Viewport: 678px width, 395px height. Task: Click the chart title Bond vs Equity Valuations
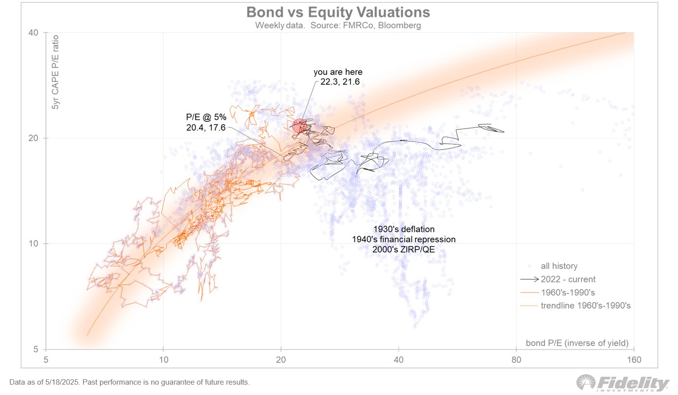point(338,12)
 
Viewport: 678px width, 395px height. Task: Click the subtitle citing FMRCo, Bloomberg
point(338,25)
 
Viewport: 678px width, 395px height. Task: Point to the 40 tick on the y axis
point(34,33)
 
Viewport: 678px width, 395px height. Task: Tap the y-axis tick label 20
point(34,138)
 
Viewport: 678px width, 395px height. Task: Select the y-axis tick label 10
point(34,244)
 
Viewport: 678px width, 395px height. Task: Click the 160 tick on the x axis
point(634,360)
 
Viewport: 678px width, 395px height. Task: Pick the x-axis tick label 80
point(516,360)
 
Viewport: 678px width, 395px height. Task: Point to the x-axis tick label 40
point(398,360)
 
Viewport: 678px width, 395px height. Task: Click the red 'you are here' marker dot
point(300,126)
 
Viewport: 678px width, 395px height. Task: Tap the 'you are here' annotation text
point(338,72)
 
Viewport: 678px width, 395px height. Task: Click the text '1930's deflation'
point(404,229)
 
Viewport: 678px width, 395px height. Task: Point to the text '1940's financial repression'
point(404,239)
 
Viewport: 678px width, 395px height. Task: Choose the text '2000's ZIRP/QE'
point(404,249)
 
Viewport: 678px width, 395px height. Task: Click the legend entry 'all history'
point(559,266)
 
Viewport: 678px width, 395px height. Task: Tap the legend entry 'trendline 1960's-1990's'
point(586,305)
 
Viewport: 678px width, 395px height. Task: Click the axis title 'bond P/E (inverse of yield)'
point(577,343)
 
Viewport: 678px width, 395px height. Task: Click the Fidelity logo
point(624,383)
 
